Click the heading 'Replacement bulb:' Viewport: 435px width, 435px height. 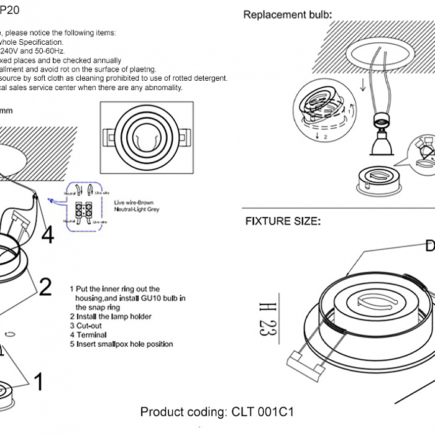click(287, 15)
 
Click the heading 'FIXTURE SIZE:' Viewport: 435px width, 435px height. click(283, 221)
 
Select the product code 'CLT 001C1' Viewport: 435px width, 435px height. click(263, 412)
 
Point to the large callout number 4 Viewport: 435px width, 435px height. click(48, 235)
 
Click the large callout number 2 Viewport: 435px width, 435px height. click(45, 286)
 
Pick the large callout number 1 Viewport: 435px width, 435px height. click(39, 382)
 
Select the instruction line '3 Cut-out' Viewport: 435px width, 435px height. click(89, 326)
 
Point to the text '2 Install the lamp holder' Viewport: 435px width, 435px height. click(110, 316)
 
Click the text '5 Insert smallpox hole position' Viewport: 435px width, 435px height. click(121, 344)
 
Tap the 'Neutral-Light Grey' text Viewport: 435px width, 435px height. click(137, 210)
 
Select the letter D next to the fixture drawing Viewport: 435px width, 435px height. click(429, 246)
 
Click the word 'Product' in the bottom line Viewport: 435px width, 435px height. click(162, 412)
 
